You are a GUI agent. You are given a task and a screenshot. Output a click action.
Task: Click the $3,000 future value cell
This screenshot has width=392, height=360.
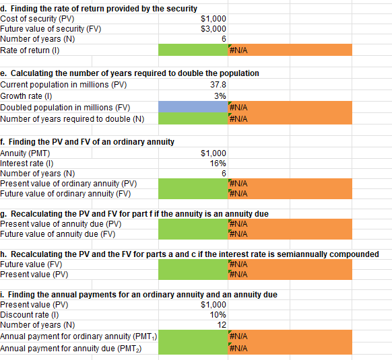214,29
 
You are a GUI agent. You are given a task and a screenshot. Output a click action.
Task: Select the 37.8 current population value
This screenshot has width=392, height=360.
218,85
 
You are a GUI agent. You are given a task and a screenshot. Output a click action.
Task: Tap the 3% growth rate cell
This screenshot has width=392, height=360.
220,96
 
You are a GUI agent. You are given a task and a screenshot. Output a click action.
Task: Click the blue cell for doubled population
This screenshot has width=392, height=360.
192,108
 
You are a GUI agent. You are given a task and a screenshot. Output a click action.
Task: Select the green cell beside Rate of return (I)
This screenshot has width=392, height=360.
192,50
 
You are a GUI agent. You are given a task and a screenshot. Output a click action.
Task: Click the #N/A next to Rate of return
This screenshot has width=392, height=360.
240,50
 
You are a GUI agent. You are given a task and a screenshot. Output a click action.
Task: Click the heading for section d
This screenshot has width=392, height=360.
99,8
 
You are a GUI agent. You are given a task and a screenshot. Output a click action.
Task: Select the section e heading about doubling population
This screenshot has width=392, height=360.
130,73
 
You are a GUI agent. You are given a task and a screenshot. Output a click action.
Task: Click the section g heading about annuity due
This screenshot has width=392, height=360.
135,213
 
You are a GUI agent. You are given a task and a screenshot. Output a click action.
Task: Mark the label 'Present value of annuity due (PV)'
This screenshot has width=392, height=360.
61,224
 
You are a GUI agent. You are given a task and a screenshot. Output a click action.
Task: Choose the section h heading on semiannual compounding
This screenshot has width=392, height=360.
189,254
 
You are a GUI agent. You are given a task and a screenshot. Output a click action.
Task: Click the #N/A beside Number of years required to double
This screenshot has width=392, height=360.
240,119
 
